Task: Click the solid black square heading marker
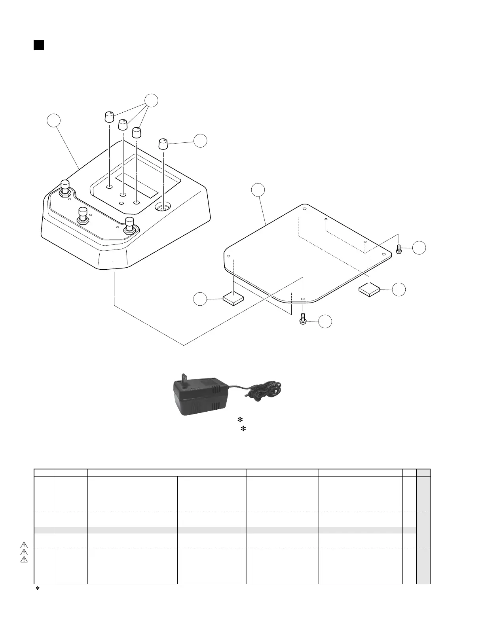pyautogui.click(x=38, y=45)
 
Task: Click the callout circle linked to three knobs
pyautogui.click(x=151, y=100)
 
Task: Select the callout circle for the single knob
pyautogui.click(x=200, y=141)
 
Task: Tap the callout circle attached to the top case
pyautogui.click(x=54, y=121)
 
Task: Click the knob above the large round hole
pyautogui.click(x=163, y=144)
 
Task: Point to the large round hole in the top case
pyautogui.click(x=163, y=206)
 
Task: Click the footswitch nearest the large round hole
pyautogui.click(x=130, y=225)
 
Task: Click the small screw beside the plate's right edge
pyautogui.click(x=399, y=250)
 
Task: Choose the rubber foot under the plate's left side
pyautogui.click(x=233, y=299)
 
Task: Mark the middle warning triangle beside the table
pyautogui.click(x=24, y=552)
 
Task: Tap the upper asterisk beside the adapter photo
pyautogui.click(x=239, y=420)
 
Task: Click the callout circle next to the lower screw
pyautogui.click(x=325, y=322)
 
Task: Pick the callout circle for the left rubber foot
pyautogui.click(x=200, y=299)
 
